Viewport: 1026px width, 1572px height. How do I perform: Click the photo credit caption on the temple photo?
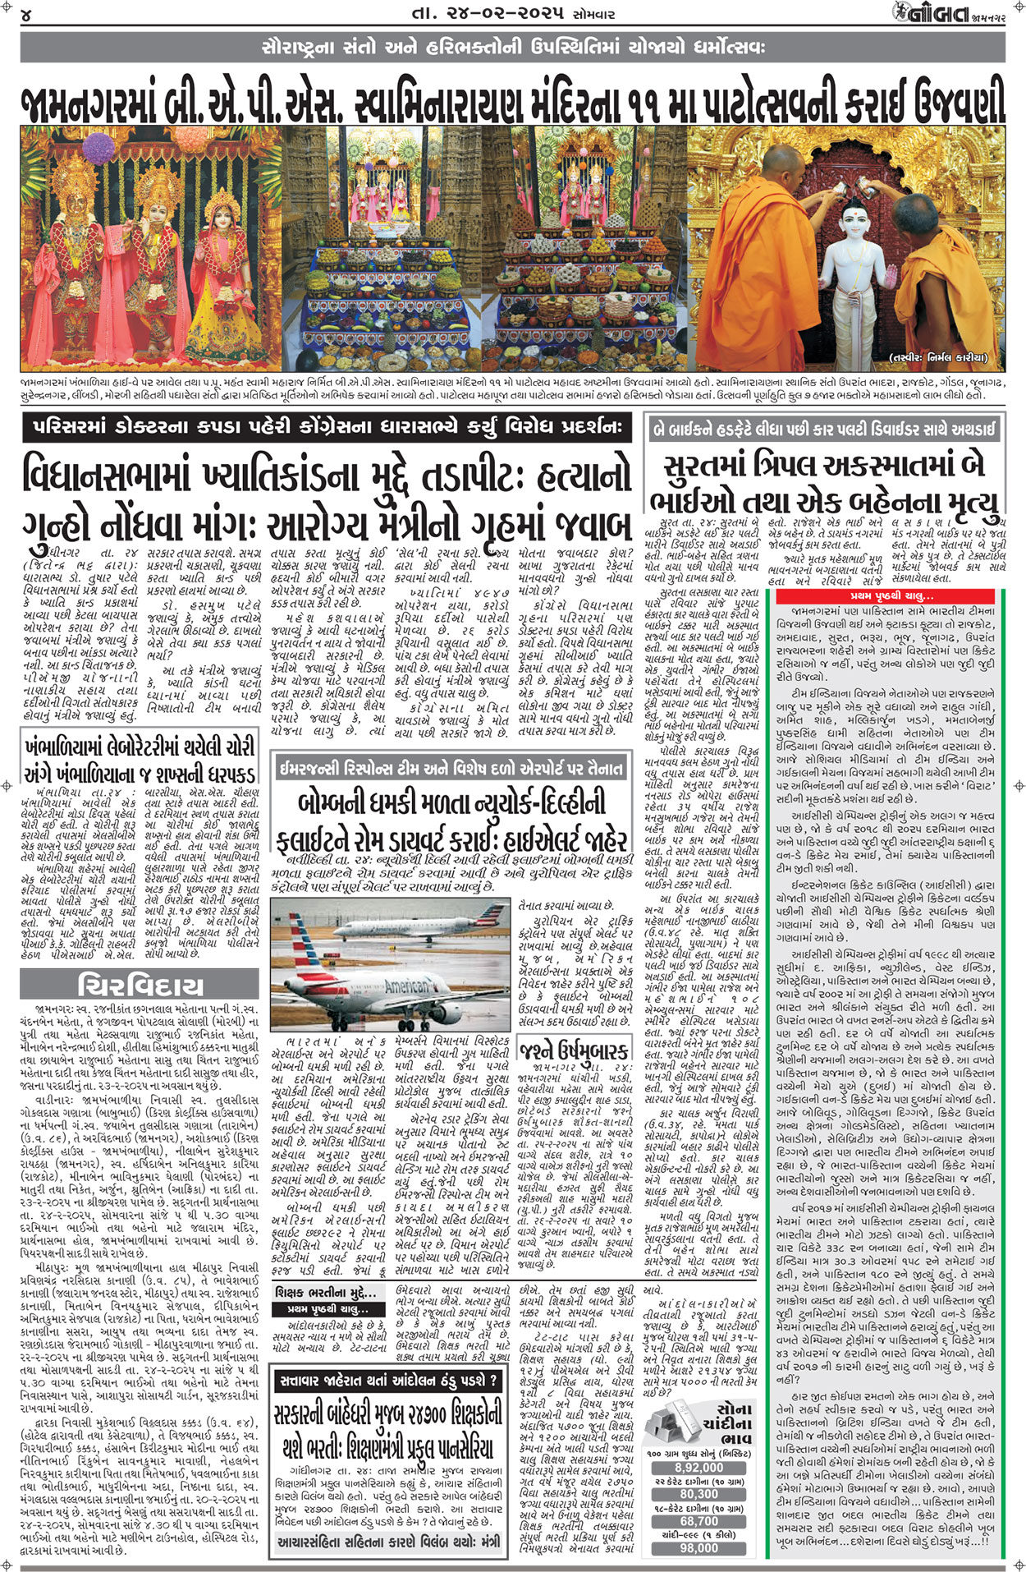pyautogui.click(x=939, y=358)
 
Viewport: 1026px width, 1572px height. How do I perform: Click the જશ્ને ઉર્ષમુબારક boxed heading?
pyautogui.click(x=575, y=1050)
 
